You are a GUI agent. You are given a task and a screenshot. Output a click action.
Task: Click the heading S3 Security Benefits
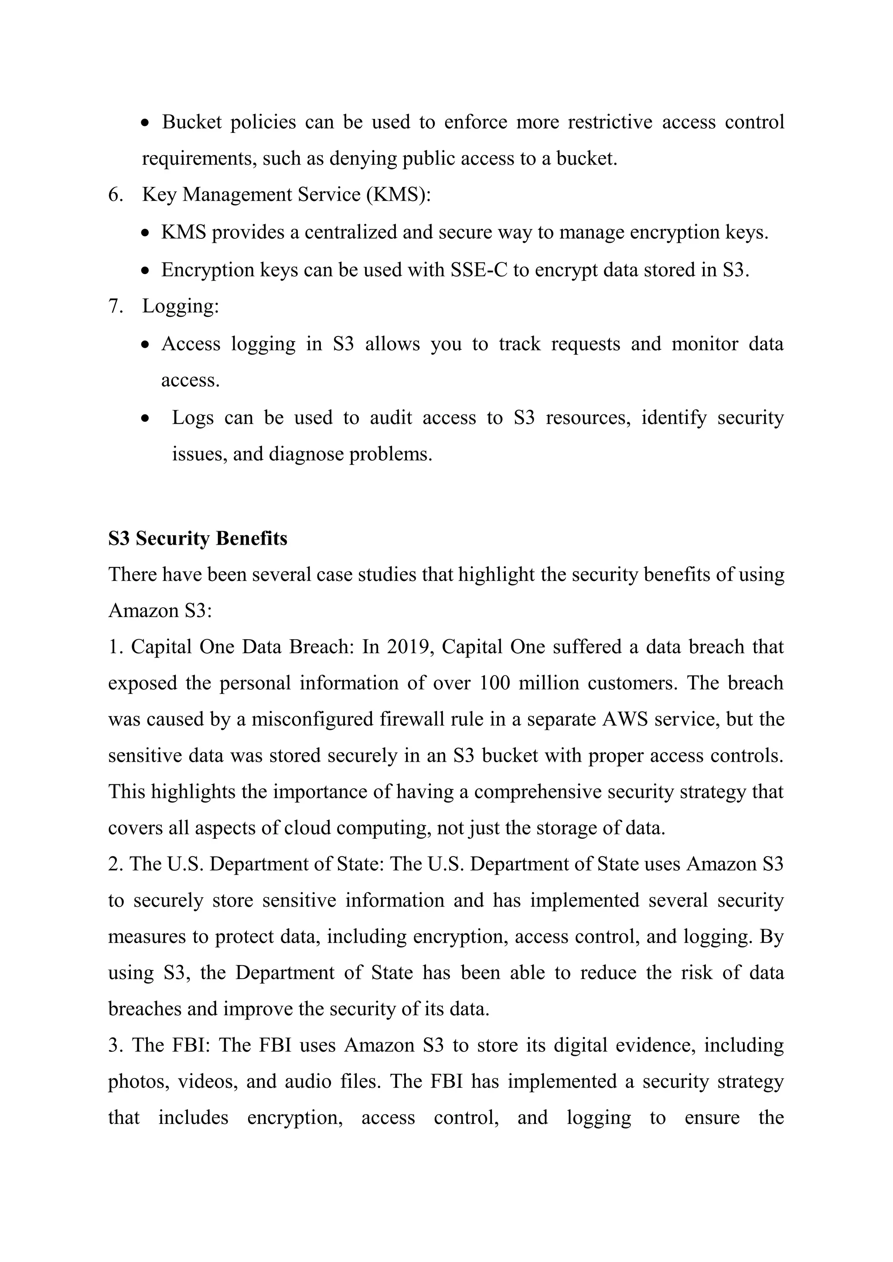click(x=198, y=539)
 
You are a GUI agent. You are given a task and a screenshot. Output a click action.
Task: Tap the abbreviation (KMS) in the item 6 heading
click(x=398, y=195)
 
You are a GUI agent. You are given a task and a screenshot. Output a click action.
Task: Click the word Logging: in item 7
click(x=181, y=306)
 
